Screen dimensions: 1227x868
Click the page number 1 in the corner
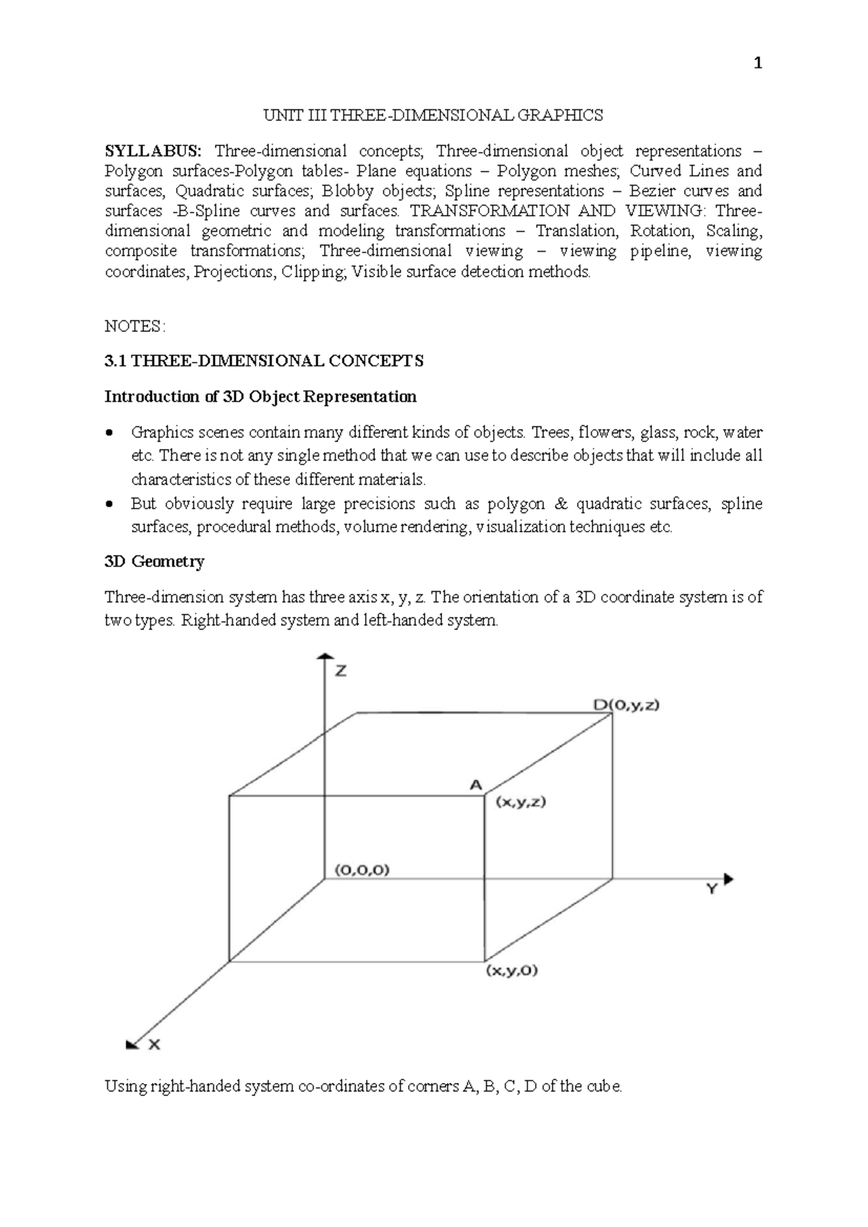(757, 64)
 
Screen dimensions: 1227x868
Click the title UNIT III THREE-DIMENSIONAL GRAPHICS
(433, 115)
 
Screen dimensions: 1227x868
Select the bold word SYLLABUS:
(154, 151)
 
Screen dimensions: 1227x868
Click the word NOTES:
(135, 326)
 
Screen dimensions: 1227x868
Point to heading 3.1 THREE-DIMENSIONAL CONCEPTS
(264, 361)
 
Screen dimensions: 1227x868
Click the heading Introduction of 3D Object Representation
(260, 396)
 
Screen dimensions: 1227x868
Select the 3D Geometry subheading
(155, 561)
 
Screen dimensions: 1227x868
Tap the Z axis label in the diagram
(340, 671)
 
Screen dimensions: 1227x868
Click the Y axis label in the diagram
(712, 890)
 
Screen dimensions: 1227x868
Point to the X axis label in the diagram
(154, 1045)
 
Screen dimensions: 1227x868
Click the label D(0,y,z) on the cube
(626, 705)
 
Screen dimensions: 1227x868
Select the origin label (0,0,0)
(362, 870)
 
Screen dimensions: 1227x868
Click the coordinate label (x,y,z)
(520, 802)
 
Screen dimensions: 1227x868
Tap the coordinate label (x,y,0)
(511, 971)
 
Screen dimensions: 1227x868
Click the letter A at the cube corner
(476, 784)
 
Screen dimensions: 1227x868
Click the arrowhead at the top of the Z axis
(323, 655)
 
